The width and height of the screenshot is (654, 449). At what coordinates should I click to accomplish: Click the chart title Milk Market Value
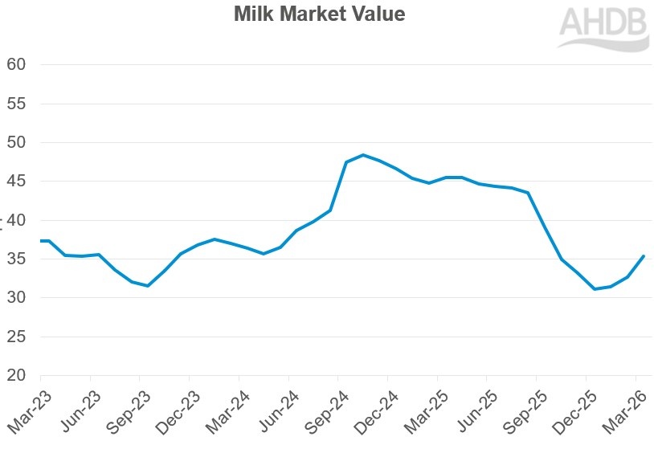coord(320,14)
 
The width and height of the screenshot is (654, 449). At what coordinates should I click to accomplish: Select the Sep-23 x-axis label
coord(125,410)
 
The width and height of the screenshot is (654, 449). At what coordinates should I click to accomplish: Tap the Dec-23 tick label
coord(174,410)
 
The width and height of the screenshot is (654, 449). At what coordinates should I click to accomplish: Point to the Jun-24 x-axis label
coord(273,410)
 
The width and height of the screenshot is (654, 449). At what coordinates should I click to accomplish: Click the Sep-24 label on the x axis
coord(323,410)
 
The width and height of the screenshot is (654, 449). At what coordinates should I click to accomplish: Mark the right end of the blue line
coord(644,256)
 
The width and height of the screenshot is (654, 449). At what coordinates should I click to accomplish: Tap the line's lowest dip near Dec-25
coord(595,289)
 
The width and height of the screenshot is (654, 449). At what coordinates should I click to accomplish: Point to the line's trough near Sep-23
coord(148,286)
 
